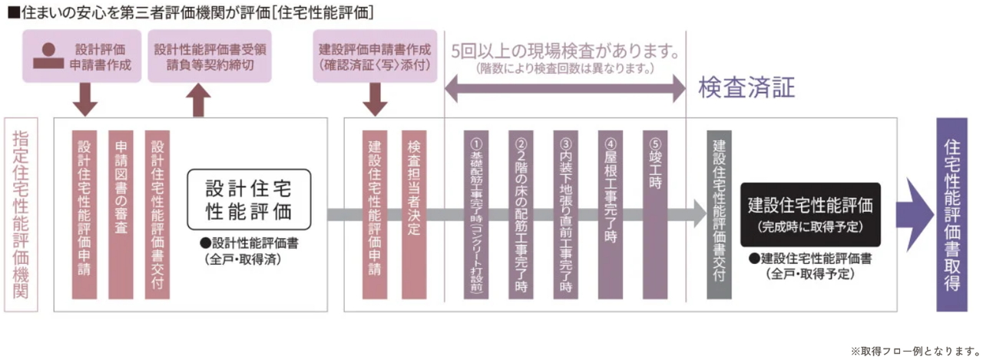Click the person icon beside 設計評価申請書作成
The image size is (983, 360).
(x=49, y=55)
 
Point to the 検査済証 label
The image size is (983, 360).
(x=746, y=88)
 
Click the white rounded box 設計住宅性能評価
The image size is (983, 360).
(x=248, y=199)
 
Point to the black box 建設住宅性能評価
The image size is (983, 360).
(x=810, y=213)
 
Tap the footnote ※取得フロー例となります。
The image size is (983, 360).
(x=915, y=350)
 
